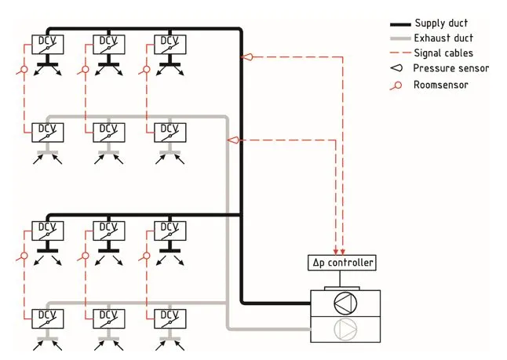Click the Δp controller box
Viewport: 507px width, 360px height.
coord(343,263)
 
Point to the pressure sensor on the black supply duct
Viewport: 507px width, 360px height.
coord(248,57)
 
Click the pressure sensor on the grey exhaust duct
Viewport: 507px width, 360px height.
coord(233,140)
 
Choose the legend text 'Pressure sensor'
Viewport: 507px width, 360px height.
coord(450,69)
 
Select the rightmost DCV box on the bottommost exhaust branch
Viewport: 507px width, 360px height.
coord(170,318)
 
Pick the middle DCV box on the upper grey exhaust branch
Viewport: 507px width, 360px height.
coord(108,132)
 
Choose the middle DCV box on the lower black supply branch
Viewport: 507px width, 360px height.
coord(108,230)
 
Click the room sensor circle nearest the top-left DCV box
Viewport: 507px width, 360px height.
coord(24,70)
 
